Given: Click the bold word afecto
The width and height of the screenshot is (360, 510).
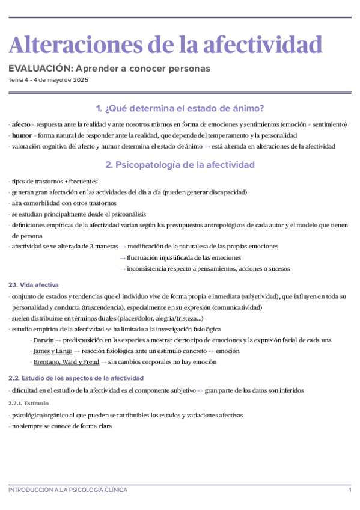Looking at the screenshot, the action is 20,124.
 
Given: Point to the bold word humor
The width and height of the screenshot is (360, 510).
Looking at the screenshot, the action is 22,135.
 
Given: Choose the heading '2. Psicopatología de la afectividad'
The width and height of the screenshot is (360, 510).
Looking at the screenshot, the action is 180,164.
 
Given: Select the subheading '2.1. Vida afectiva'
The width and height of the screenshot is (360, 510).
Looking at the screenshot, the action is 34,284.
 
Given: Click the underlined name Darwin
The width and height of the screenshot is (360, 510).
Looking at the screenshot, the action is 44,340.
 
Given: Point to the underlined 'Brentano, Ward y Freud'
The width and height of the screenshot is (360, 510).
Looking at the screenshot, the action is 66,361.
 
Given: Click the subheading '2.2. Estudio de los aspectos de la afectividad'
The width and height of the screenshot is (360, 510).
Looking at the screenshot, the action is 76,378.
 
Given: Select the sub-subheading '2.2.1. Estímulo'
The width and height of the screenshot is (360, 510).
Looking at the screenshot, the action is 29,402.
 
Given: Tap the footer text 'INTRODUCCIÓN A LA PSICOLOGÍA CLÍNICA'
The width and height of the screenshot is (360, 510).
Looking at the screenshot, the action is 68,490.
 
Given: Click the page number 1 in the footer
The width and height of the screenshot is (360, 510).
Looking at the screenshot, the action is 350,490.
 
